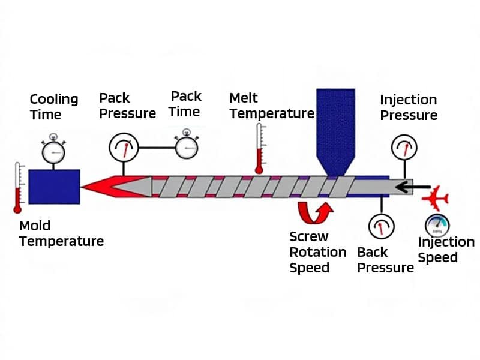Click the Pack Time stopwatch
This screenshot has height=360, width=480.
tap(187, 145)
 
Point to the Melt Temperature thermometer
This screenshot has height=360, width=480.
tap(259, 149)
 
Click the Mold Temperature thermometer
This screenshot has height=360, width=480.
tap(18, 187)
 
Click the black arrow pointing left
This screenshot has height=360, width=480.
tap(415, 187)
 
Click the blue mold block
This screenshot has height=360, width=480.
tap(54, 187)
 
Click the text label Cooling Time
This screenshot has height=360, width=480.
tap(54, 107)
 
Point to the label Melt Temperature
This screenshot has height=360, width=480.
tap(271, 106)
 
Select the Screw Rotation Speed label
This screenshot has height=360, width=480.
tap(317, 252)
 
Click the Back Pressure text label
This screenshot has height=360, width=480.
tap(385, 259)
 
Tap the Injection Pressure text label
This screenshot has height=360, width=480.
tap(409, 107)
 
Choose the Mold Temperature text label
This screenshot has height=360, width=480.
tap(61, 234)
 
